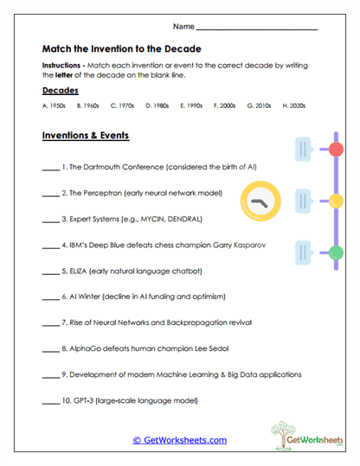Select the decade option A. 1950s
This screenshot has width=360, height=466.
coord(53,105)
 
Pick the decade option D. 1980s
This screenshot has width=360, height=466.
coord(157,105)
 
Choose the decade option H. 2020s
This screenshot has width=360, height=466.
coord(293,105)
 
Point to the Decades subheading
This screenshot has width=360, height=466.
coord(60,90)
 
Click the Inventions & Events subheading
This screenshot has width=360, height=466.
coord(85,137)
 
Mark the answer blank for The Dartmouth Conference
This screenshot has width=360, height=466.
coord(49,167)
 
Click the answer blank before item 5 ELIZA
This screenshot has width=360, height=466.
coord(49,271)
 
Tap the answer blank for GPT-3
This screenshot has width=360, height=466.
coord(49,402)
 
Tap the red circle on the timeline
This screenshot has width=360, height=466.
coord(337,150)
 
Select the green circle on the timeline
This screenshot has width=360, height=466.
coord(337,252)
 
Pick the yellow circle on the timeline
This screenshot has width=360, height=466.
coord(337,201)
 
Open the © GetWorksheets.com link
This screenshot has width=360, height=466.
coord(179,440)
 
